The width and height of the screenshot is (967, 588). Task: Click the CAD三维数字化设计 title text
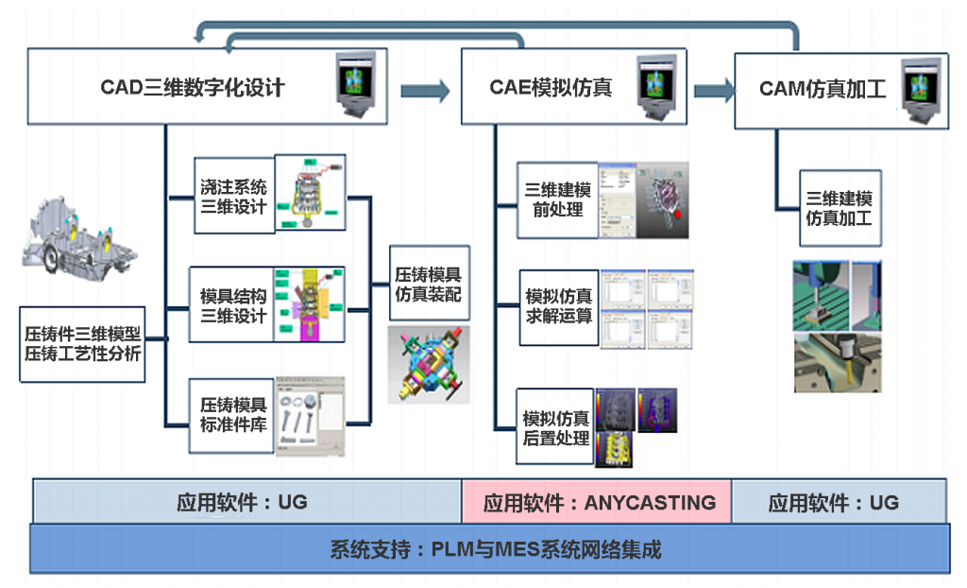point(193,89)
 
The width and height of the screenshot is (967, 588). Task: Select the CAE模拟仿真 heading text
point(551,89)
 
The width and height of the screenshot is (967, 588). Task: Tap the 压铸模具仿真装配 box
point(428,285)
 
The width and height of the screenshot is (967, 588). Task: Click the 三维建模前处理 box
point(558,199)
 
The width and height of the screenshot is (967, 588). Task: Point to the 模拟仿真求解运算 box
point(558,305)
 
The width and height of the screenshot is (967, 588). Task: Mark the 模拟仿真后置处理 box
point(556,427)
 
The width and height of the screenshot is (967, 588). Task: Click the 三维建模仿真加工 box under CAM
point(839,208)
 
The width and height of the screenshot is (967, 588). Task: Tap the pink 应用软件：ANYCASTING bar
point(598,502)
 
